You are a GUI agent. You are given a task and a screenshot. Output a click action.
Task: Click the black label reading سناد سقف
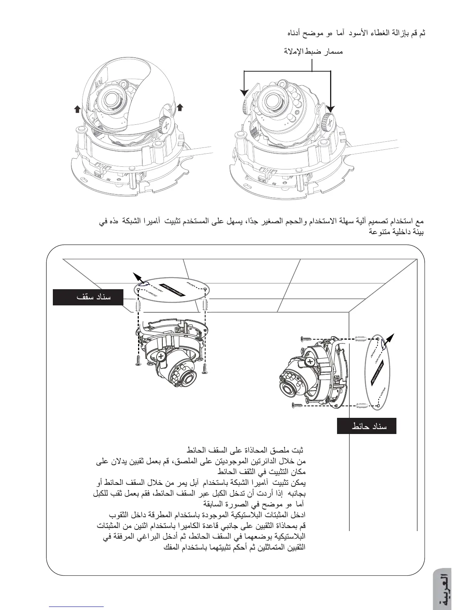click(x=88, y=297)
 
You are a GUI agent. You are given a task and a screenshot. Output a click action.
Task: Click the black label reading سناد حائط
click(x=367, y=426)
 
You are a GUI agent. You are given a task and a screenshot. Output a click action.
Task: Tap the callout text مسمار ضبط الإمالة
click(x=314, y=51)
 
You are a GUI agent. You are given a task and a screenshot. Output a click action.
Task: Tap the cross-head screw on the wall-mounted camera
click(x=309, y=362)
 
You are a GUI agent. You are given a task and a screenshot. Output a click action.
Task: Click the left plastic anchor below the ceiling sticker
click(x=139, y=307)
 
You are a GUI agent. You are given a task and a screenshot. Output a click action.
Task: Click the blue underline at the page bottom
click(x=76, y=606)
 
